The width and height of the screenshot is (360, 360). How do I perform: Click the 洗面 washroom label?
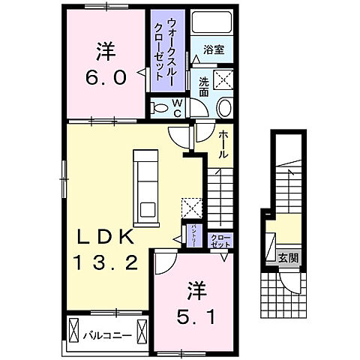click(205, 87)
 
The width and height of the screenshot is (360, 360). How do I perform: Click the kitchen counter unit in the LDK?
click(146, 184)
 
